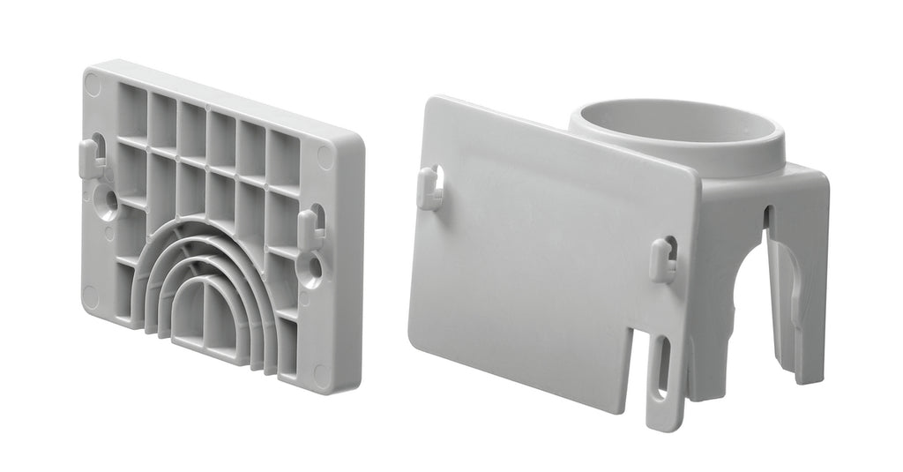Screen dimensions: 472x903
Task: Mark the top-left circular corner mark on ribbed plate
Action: (93, 85)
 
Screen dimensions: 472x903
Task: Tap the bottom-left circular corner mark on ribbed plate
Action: (91, 296)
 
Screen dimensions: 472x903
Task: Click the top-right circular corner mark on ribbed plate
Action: (325, 158)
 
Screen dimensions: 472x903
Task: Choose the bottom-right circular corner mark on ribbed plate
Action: (322, 375)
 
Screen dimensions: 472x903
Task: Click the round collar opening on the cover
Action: (677, 128)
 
